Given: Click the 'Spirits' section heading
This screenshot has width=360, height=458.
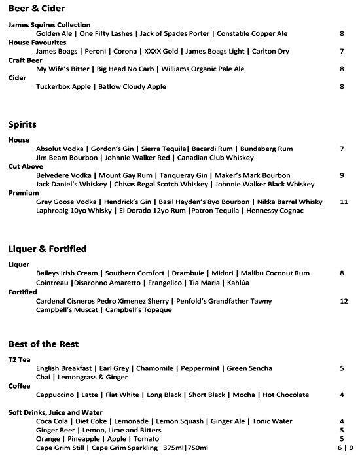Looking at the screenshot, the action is point(22,124).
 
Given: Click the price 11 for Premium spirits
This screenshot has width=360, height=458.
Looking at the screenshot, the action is point(344,202).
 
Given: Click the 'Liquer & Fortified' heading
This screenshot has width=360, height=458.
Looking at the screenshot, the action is point(47,249).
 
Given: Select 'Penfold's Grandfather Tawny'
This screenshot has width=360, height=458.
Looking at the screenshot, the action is point(223,301).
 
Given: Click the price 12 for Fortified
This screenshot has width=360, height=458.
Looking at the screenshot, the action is point(344,301).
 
